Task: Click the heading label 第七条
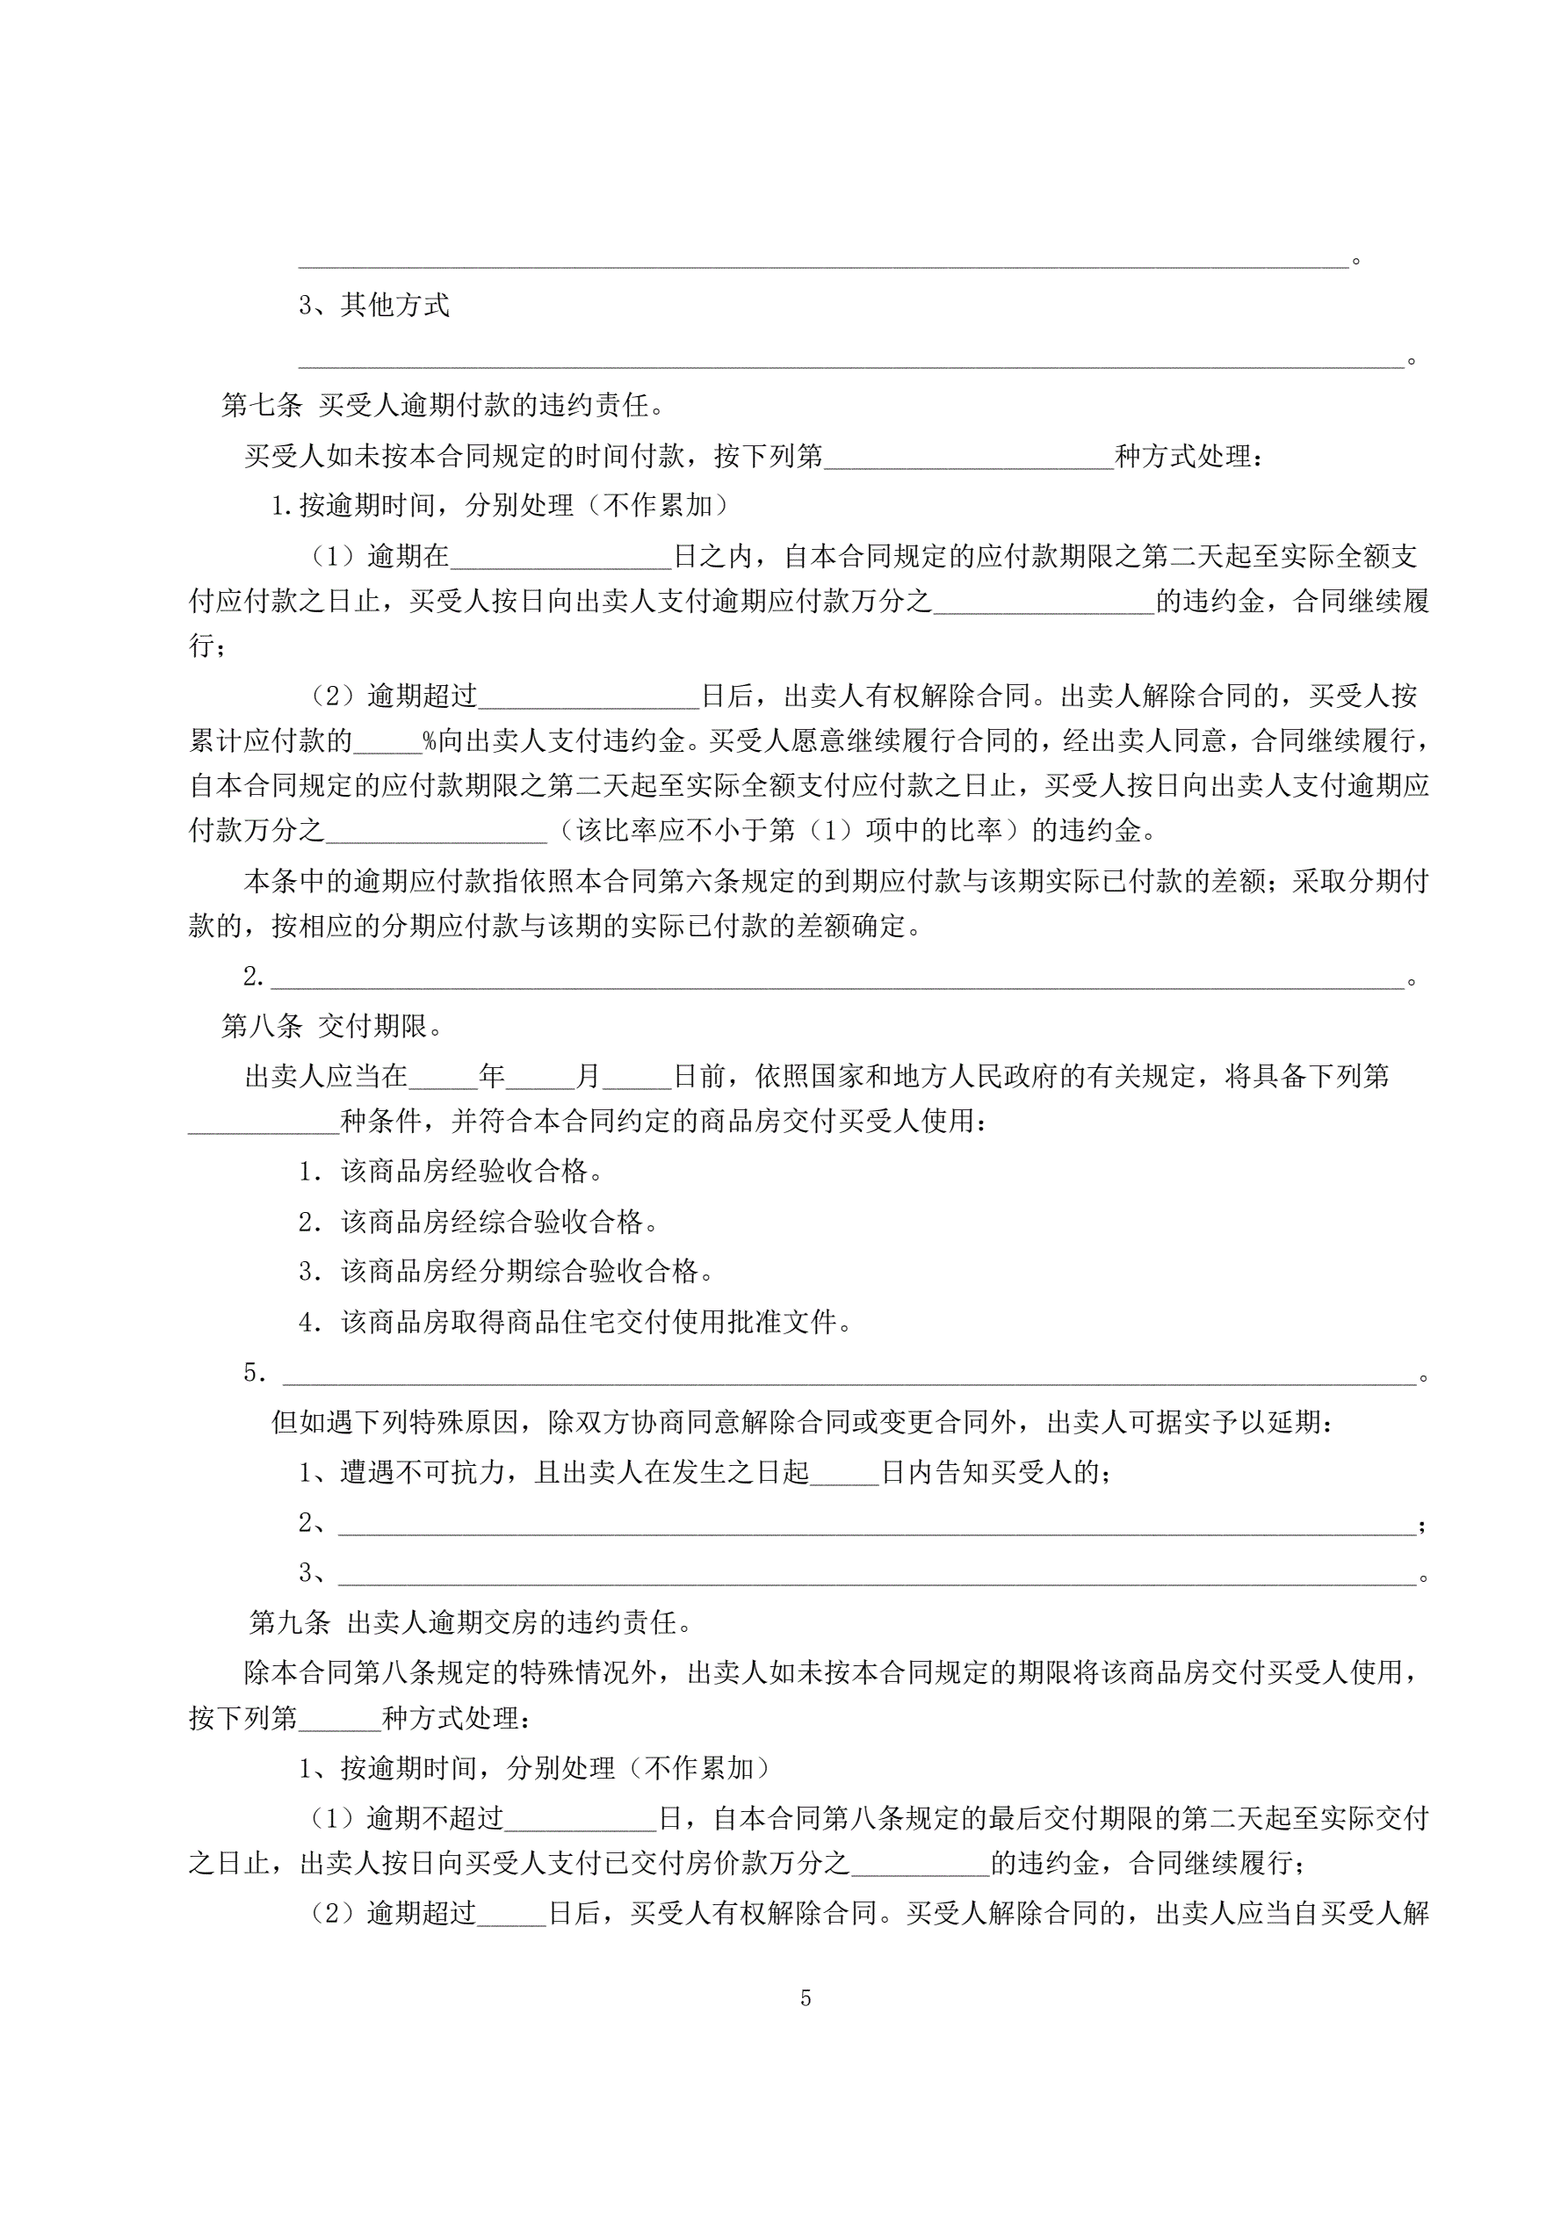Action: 262,406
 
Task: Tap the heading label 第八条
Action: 262,1025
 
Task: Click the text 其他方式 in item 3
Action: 395,305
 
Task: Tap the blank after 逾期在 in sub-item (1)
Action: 560,557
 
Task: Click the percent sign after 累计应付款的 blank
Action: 430,741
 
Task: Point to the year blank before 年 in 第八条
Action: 444,1076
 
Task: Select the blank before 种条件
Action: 264,1122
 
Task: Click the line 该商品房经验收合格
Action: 471,1172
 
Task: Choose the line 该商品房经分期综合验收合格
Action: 526,1271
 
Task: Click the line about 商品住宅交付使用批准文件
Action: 596,1321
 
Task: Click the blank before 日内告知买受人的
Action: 845,1472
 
